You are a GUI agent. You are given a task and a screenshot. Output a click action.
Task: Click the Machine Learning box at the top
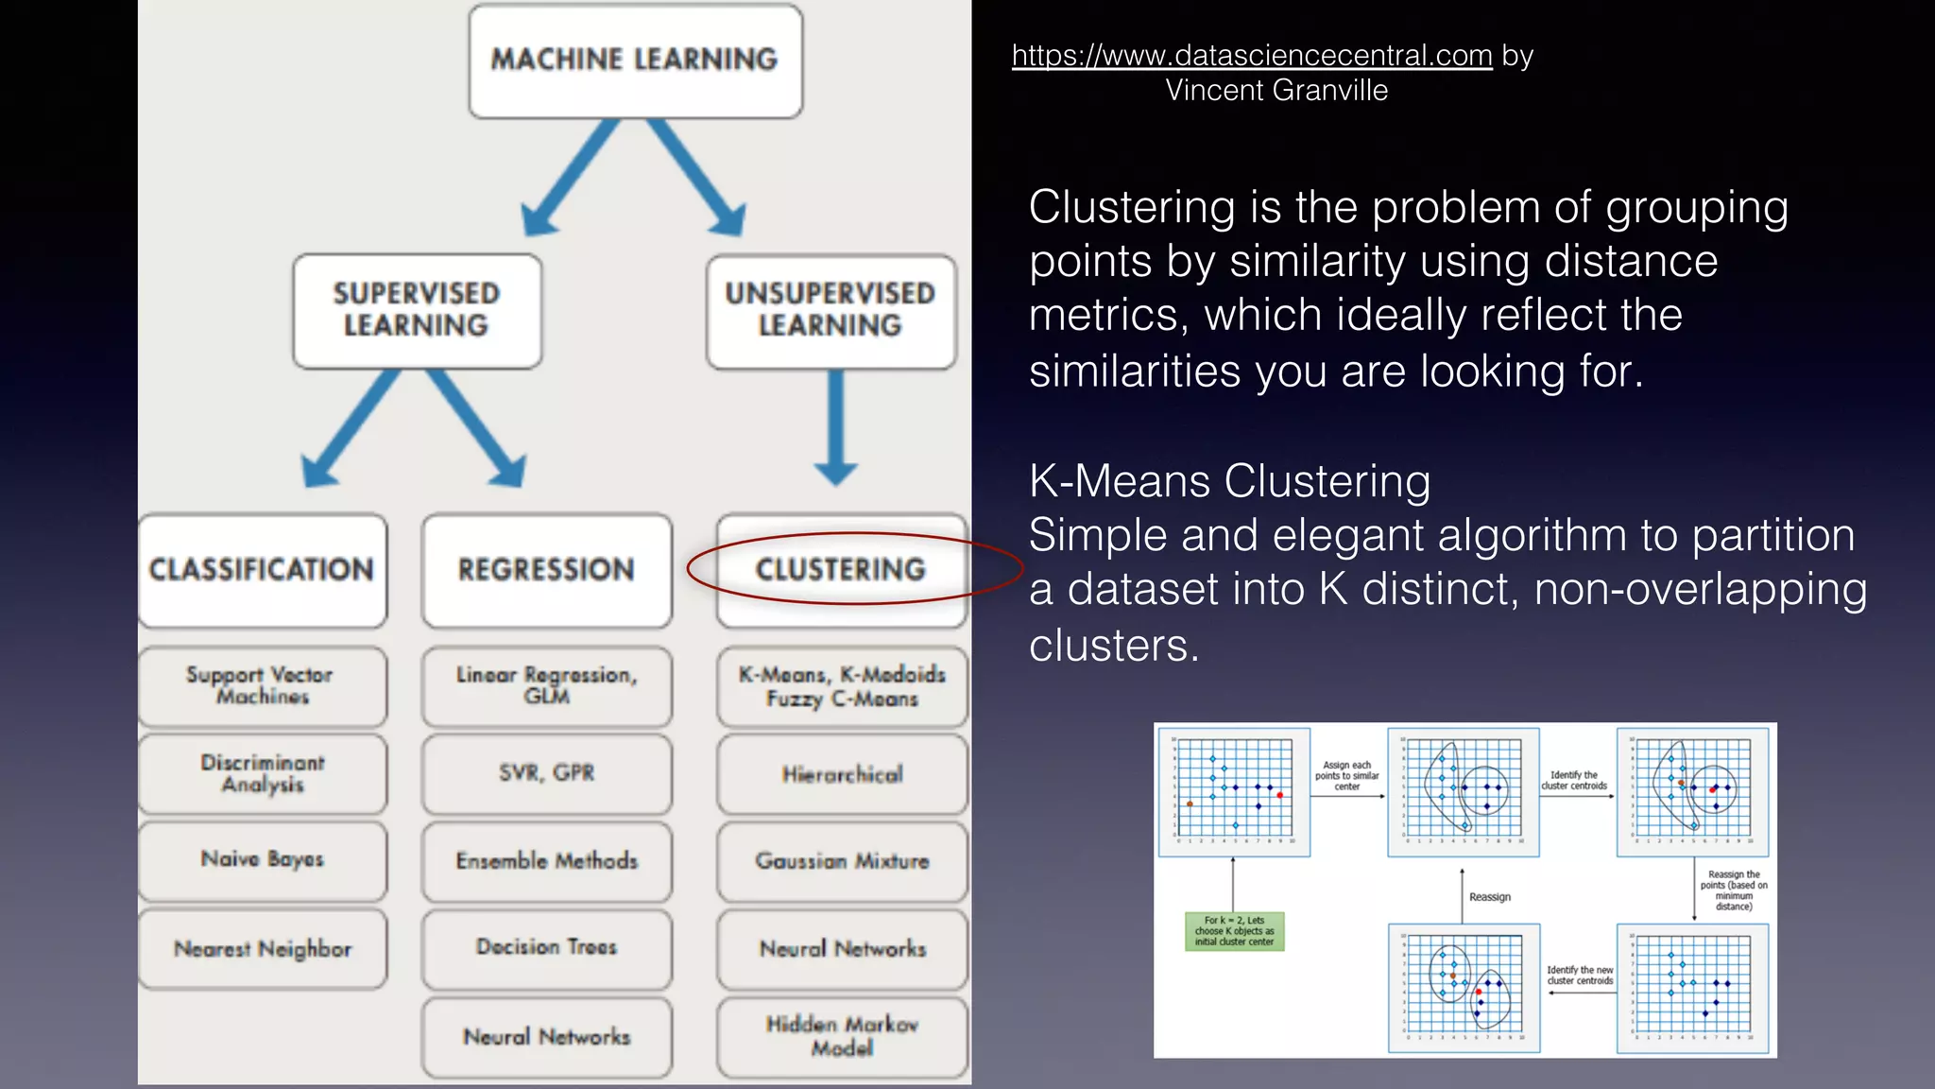tap(635, 60)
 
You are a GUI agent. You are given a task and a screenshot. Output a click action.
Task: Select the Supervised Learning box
tap(417, 310)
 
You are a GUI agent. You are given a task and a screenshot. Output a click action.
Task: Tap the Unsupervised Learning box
tap(831, 310)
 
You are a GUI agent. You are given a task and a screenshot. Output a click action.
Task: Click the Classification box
tap(263, 570)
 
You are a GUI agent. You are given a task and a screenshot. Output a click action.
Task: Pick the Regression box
tap(546, 570)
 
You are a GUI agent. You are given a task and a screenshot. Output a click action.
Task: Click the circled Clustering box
tap(841, 570)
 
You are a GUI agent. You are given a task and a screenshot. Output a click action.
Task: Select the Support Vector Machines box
tap(262, 685)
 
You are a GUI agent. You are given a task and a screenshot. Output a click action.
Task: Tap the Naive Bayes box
tap(262, 859)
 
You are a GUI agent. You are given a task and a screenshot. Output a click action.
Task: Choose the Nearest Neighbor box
tap(262, 948)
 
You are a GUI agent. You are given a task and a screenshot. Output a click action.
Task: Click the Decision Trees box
tap(546, 947)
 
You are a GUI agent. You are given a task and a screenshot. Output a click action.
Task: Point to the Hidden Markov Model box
tap(842, 1036)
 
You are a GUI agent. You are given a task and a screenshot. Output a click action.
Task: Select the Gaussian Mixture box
tap(842, 861)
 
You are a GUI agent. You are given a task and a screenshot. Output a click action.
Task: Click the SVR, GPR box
tap(546, 773)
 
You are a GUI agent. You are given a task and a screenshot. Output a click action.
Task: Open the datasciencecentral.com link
tap(1251, 56)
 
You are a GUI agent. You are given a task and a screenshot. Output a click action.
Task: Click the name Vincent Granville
tap(1276, 91)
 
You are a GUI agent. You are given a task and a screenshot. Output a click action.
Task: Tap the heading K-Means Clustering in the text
tap(1229, 481)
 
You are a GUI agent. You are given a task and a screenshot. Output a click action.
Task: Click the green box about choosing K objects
tap(1234, 931)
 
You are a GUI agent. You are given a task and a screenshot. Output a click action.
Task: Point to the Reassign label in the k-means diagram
tap(1489, 897)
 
